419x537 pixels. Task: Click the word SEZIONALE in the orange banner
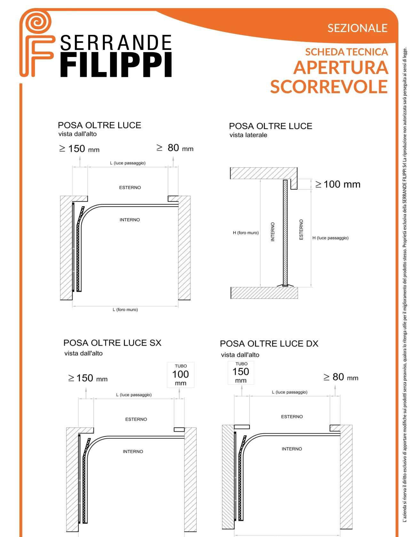(x=357, y=28)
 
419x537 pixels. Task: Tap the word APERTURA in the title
(x=341, y=68)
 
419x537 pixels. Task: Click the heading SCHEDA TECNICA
(x=346, y=52)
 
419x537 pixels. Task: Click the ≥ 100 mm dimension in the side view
(x=338, y=184)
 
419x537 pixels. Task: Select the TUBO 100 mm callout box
(x=181, y=375)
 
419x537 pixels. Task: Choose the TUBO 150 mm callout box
(x=241, y=372)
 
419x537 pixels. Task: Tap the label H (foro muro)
(x=246, y=233)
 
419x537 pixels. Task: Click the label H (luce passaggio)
(x=330, y=238)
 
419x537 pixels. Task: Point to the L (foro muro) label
(x=125, y=310)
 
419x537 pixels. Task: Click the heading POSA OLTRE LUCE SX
(x=112, y=343)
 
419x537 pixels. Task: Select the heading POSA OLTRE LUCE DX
(x=269, y=344)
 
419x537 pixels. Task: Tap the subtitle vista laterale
(x=248, y=135)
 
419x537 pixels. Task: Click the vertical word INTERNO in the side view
(x=273, y=232)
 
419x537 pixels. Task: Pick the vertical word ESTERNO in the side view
(x=301, y=230)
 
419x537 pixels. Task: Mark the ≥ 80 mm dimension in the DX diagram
(x=341, y=377)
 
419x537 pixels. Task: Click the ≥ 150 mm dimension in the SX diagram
(x=88, y=378)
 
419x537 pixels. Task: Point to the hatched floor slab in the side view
(x=264, y=293)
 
